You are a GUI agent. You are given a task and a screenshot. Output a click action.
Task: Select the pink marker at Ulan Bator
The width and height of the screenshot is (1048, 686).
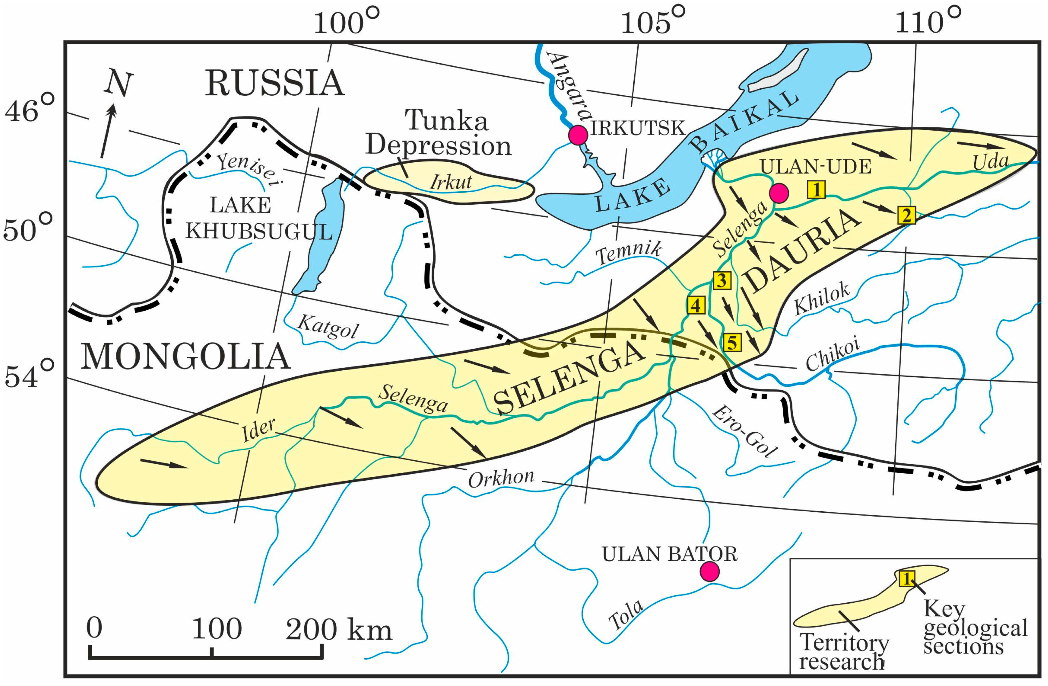tap(709, 571)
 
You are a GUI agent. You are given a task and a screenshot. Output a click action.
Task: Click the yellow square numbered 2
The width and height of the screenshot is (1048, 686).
tap(907, 216)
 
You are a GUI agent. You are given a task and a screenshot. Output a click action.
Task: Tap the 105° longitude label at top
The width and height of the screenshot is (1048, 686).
tap(653, 22)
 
